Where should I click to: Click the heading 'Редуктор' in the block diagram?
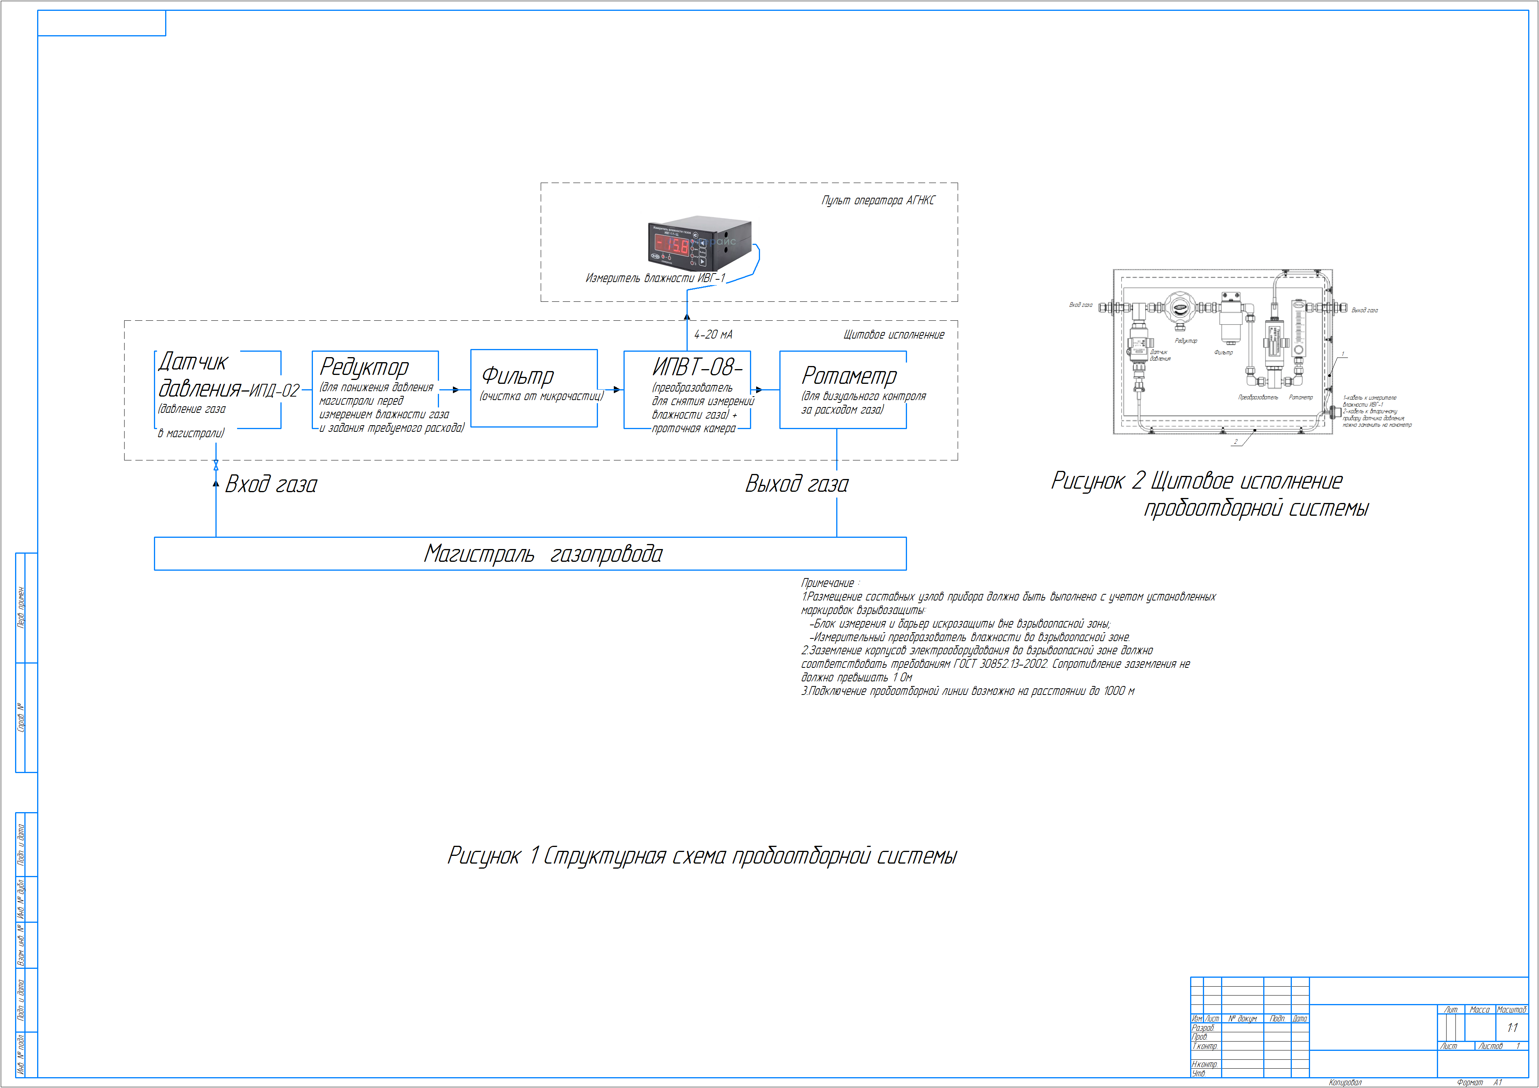pos(364,367)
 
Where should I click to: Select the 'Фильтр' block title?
pos(518,376)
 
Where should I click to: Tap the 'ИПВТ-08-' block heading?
pos(697,367)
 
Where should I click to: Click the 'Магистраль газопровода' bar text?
pos(543,554)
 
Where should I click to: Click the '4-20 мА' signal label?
pos(713,335)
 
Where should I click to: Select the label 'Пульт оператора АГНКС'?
pos(878,200)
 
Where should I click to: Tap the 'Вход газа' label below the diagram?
pos(271,484)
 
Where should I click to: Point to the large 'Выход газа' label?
pos(796,484)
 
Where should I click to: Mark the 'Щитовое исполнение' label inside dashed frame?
pos(893,335)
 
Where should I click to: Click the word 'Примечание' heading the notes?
pos(828,583)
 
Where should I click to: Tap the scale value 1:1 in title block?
pos(1512,1028)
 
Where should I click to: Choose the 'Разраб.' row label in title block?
pos(1203,1028)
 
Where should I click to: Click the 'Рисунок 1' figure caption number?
pos(493,856)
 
